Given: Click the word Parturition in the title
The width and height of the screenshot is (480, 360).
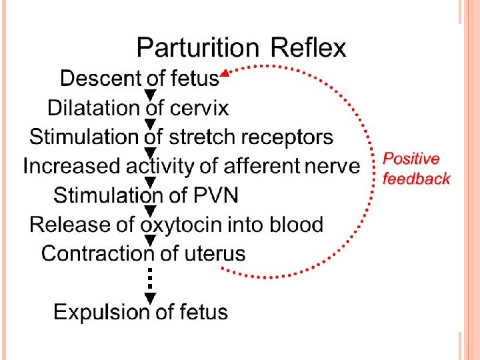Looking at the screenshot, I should [x=197, y=48].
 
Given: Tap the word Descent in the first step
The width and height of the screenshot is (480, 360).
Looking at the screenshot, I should [x=93, y=79].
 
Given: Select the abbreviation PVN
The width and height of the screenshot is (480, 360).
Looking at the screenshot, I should [x=215, y=195].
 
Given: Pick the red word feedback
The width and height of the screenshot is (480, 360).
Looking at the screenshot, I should [x=417, y=179].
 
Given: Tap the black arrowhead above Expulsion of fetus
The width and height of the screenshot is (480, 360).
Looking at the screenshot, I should [x=151, y=297].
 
